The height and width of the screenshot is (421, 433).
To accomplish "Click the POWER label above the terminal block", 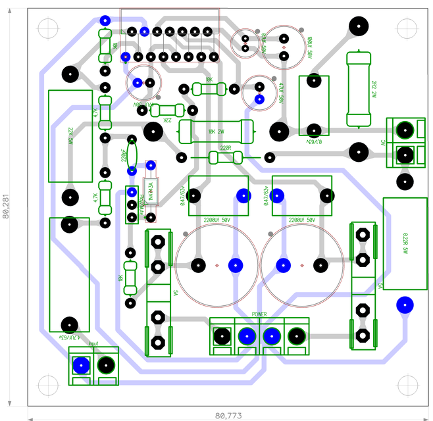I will click(259, 314).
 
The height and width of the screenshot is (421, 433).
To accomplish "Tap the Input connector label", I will click(93, 344).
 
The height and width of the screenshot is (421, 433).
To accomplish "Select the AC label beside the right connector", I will click(383, 143).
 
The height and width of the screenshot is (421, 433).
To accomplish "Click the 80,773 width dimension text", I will click(228, 415).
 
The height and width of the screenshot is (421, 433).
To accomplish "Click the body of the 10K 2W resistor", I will click(216, 132).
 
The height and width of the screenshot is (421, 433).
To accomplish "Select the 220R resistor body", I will click(225, 157).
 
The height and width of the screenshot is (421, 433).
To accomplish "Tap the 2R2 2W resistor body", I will click(361, 89).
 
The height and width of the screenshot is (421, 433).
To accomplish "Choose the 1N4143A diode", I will click(151, 191).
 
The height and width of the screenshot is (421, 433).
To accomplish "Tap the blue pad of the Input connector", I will click(81, 365).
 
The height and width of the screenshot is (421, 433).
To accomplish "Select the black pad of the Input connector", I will click(106, 365).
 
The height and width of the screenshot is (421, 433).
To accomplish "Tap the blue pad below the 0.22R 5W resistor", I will click(403, 305).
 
